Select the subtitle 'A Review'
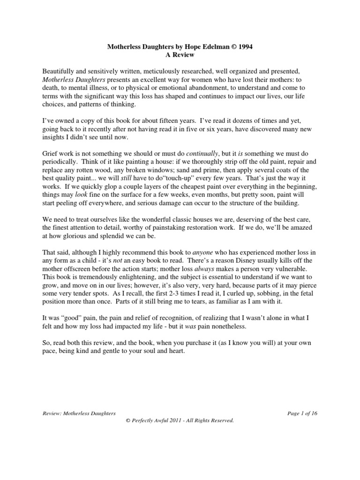(x=180, y=55)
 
